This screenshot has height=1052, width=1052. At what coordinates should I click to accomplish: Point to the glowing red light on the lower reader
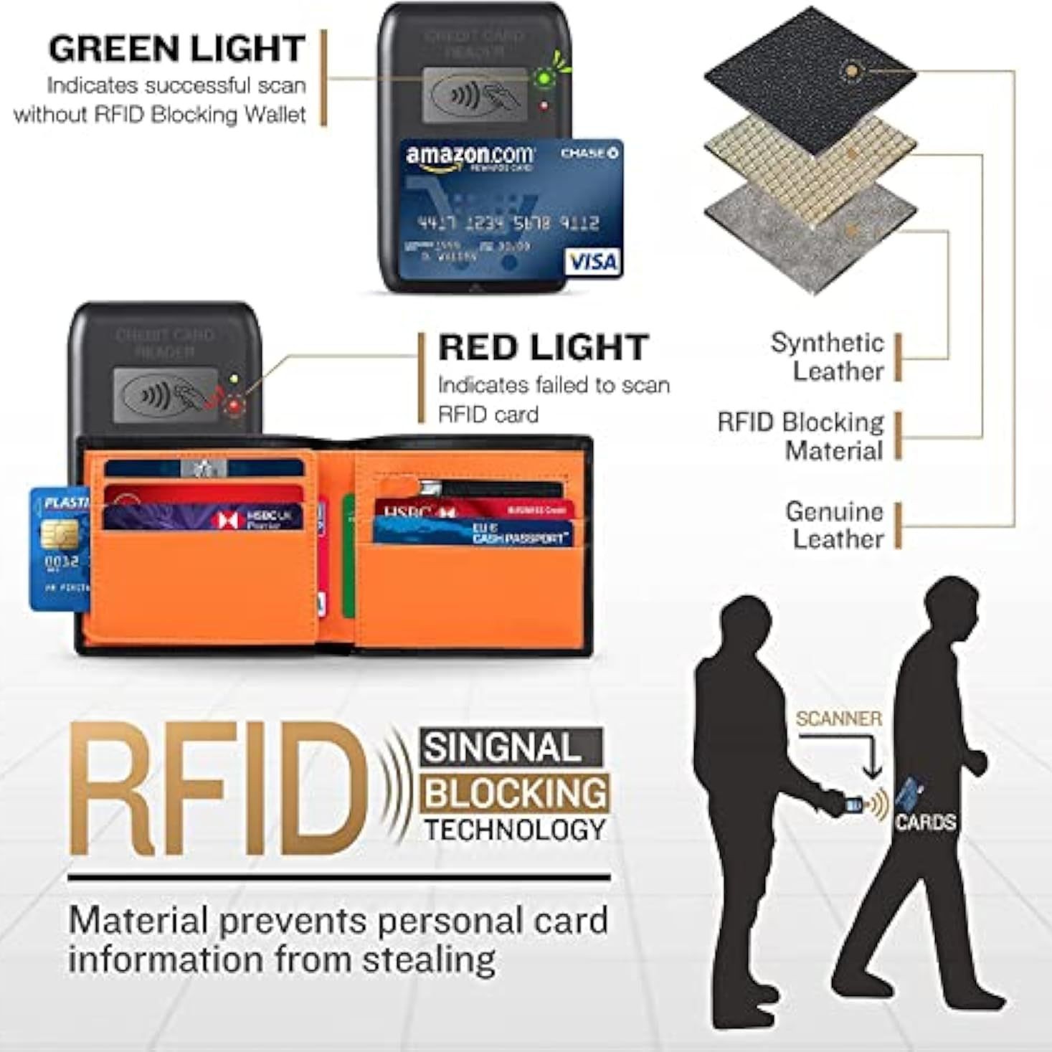[234, 407]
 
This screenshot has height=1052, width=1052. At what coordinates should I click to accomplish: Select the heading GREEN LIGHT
[176, 49]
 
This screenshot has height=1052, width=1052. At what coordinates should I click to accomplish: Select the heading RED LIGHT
[544, 348]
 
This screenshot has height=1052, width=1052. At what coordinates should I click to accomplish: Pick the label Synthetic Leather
[828, 356]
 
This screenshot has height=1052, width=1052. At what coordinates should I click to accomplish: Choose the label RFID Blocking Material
[801, 436]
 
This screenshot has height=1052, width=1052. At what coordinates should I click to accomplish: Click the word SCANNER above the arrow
[838, 719]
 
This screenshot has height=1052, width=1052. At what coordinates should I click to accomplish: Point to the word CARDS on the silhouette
[925, 822]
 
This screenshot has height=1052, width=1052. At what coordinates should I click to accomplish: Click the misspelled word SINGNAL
[502, 748]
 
